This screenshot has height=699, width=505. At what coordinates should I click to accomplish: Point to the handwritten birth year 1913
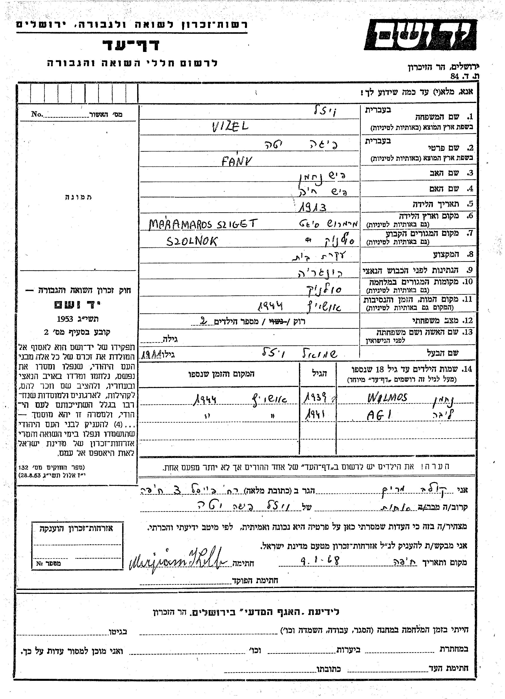point(312,207)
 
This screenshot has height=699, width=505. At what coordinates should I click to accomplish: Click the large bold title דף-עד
point(131,45)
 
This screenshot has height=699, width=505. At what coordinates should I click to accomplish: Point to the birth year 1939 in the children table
point(315,398)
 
